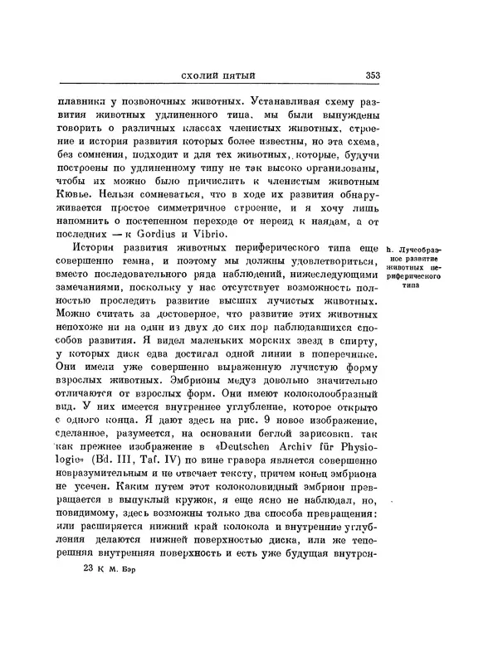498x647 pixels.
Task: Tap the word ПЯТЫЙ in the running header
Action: click(233, 76)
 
